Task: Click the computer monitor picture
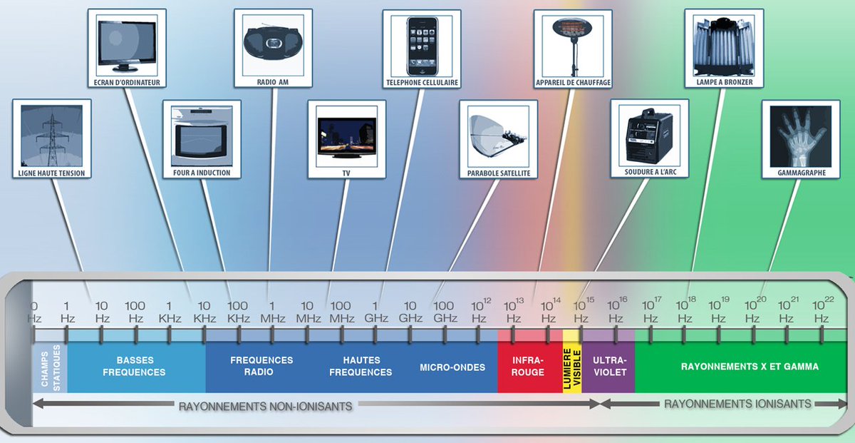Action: click(131, 44)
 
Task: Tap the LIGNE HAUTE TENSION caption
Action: click(52, 173)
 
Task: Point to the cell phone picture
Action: click(421, 44)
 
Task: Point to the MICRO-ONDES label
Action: click(452, 367)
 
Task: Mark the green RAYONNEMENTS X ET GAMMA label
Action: click(750, 367)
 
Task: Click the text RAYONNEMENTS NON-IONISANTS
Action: click(265, 407)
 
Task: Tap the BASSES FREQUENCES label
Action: click(135, 367)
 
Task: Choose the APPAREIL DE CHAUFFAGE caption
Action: click(572, 83)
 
